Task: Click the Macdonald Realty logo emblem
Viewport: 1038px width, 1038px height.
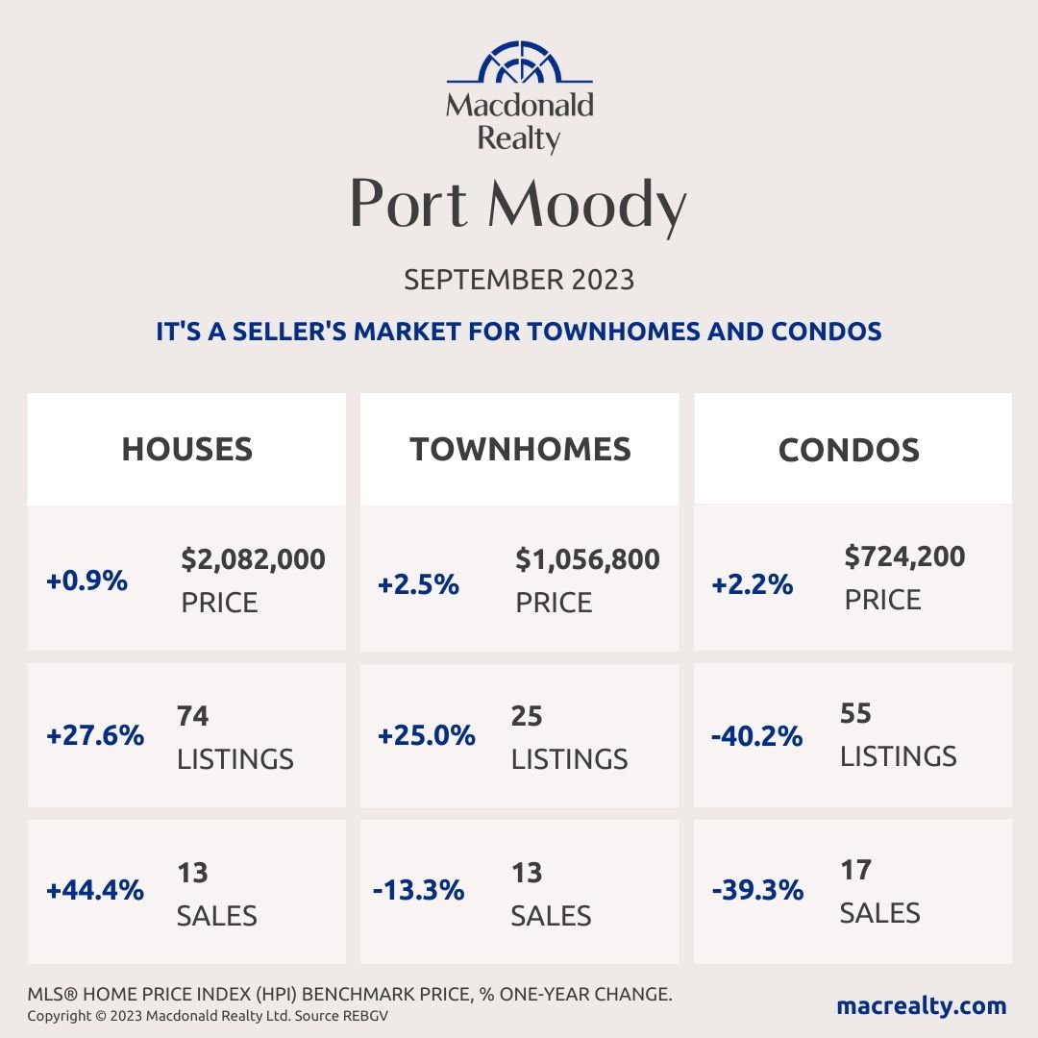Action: point(519,62)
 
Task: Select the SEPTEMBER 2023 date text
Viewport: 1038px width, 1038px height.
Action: point(519,280)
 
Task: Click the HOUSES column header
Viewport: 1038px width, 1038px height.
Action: point(186,449)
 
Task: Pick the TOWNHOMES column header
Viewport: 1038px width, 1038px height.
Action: point(520,449)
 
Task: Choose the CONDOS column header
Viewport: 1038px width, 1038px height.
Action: point(849,449)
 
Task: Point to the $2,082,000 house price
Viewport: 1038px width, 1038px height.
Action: point(253,558)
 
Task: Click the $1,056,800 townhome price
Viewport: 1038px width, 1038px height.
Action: point(587,558)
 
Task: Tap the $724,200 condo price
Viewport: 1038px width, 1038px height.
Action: point(904,556)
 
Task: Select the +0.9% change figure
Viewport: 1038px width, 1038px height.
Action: point(86,581)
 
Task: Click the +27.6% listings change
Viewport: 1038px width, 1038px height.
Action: point(94,736)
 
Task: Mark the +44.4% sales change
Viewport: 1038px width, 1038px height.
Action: point(94,890)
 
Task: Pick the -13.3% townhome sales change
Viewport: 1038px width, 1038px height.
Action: point(418,890)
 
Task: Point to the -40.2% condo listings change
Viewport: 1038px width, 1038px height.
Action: point(757,736)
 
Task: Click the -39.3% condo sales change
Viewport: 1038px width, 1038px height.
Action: point(757,890)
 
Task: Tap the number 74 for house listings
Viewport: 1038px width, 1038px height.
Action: point(193,716)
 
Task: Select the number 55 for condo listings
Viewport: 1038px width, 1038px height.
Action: point(856,713)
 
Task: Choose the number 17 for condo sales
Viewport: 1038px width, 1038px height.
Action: point(855,870)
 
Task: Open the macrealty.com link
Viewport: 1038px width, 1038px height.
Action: point(921,1006)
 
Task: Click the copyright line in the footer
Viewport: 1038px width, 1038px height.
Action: point(207,1016)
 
